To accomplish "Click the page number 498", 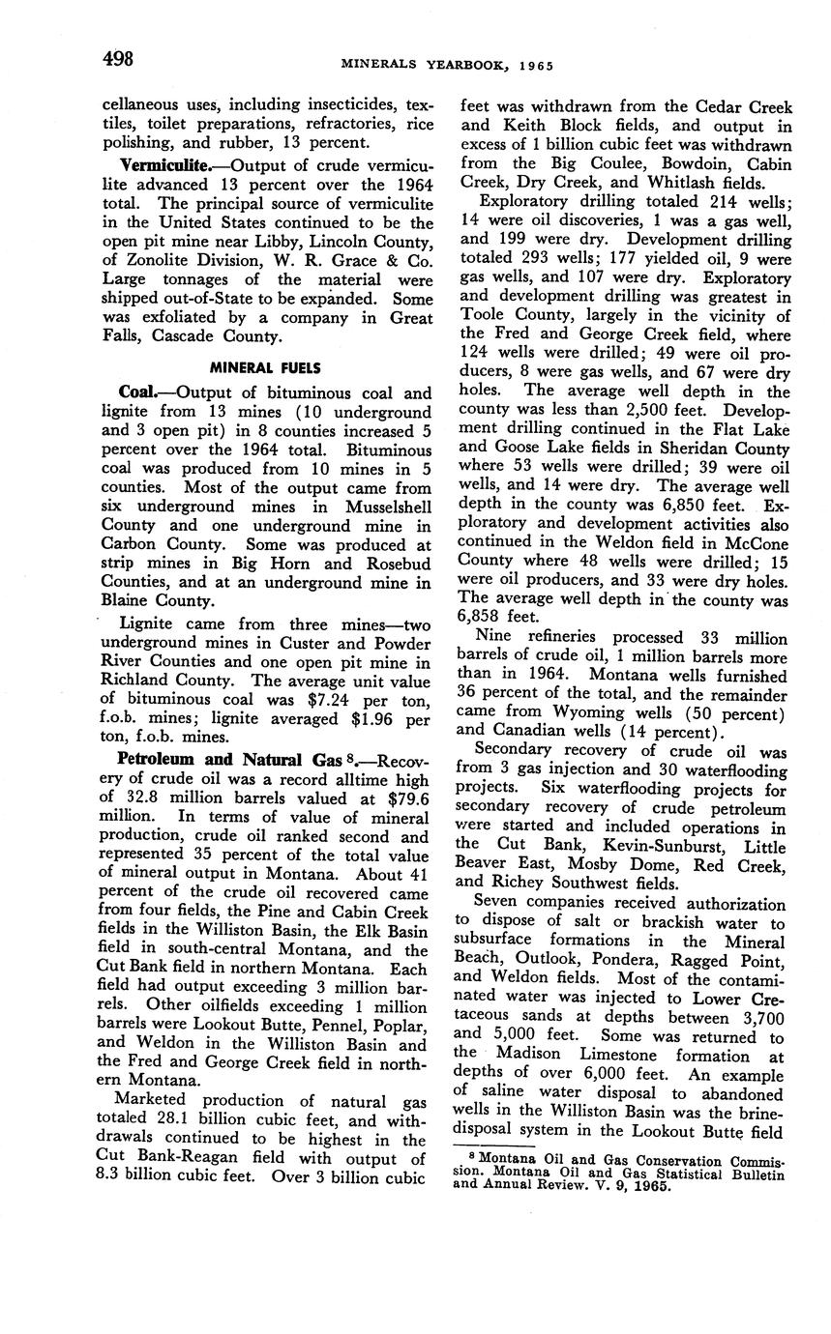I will coord(118,59).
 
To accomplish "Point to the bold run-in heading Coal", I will coord(138,392).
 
